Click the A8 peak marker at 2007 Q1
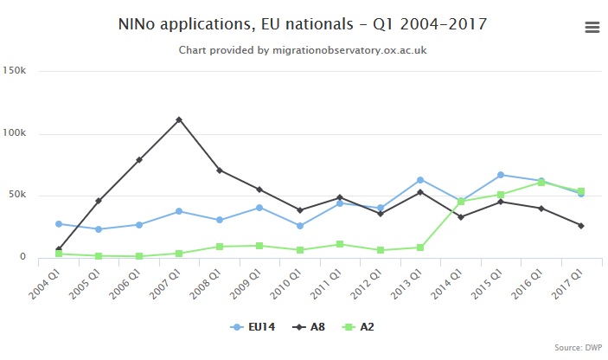(x=179, y=119)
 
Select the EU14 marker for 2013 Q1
(x=420, y=180)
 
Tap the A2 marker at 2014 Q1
(x=461, y=202)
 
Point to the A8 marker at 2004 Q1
(x=58, y=250)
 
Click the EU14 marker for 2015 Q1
(x=501, y=175)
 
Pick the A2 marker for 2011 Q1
(x=340, y=244)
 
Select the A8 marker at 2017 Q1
(x=581, y=226)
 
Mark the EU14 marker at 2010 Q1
(x=300, y=226)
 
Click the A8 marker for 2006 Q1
(x=138, y=160)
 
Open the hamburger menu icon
(x=592, y=27)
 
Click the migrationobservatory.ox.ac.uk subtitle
(x=303, y=50)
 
